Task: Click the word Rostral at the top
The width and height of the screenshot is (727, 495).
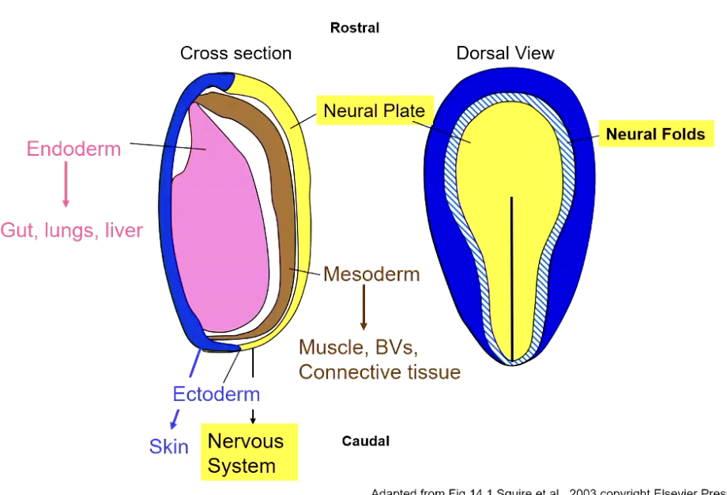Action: pos(355,28)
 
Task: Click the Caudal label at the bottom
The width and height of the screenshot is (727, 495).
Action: pos(365,441)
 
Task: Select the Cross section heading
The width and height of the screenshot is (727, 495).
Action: pos(235,53)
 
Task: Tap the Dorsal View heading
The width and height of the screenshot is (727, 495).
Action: pos(505,53)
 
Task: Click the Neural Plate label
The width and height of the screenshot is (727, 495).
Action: pos(375,111)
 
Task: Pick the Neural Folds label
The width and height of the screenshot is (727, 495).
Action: pos(655,134)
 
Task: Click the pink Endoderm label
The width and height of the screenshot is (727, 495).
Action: pos(73,149)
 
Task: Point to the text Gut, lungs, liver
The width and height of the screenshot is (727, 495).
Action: pos(72,231)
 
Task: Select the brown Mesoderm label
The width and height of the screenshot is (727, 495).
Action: pos(371,275)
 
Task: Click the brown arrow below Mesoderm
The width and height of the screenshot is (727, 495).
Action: pos(363,308)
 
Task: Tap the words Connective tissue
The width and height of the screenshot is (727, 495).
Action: pos(379,372)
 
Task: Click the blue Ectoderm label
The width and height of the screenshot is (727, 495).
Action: pos(216,394)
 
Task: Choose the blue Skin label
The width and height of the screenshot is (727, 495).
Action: pos(169,447)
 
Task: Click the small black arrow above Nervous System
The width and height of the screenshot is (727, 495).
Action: pos(253,416)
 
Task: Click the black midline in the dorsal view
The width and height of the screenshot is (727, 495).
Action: pos(512,277)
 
